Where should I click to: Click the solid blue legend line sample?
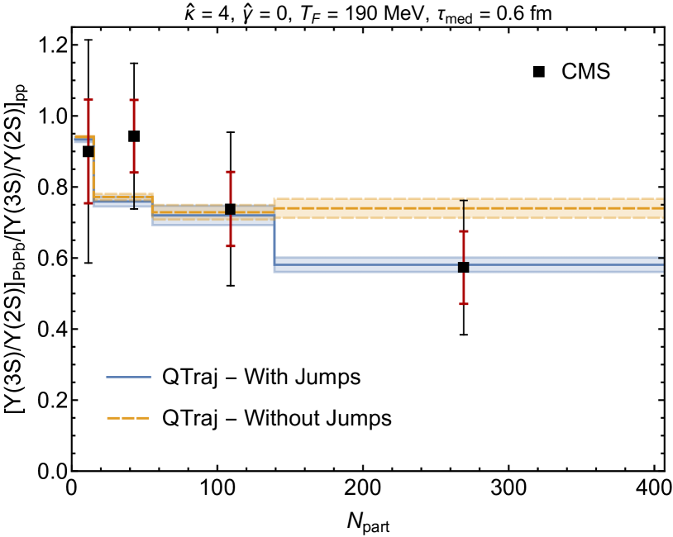click(x=129, y=377)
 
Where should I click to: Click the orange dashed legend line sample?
click(x=128, y=418)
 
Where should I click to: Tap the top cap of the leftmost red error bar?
click(x=88, y=100)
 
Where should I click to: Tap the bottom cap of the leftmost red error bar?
click(x=88, y=202)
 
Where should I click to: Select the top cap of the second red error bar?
click(x=134, y=100)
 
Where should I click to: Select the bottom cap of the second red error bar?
click(x=134, y=172)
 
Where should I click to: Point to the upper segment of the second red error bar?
click(x=134, y=115)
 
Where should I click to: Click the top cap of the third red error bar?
click(x=231, y=172)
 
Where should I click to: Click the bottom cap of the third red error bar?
click(x=231, y=245)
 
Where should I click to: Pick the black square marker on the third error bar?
click(x=231, y=209)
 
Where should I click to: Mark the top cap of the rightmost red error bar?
click(x=464, y=231)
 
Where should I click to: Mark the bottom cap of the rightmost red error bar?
click(x=464, y=303)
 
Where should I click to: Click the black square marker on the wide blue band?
click(x=464, y=267)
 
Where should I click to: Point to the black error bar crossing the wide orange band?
click(x=464, y=210)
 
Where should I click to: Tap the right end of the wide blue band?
click(x=661, y=265)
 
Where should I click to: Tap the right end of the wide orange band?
click(x=661, y=208)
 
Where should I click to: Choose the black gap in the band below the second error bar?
click(x=134, y=201)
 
